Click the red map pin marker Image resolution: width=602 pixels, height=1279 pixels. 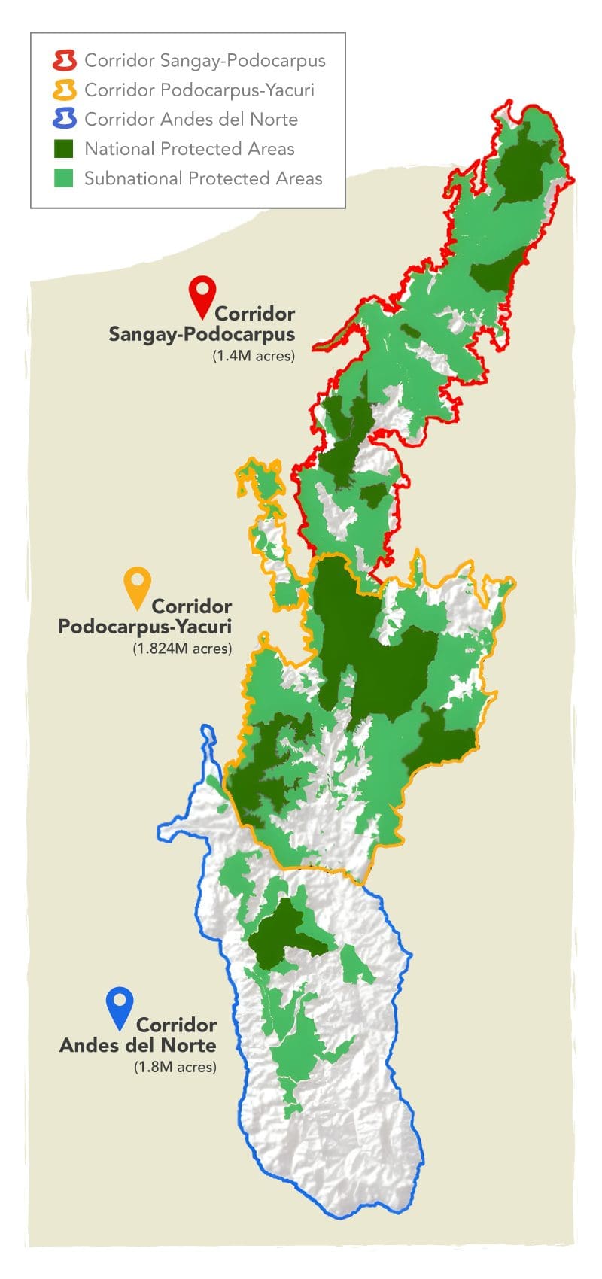point(202,294)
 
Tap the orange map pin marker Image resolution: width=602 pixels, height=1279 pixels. point(137,586)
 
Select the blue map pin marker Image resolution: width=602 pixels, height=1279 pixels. point(120,1006)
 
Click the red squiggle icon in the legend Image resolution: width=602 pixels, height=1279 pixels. point(65,60)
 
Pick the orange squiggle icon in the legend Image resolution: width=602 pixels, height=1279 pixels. point(65,90)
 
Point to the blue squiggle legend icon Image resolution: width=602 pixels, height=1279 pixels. point(65,119)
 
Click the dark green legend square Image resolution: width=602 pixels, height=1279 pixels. point(65,148)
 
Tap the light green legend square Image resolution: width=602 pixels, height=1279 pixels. point(65,178)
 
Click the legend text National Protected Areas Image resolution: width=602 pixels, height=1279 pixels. point(189,149)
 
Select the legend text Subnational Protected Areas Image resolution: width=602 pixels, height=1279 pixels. point(203,178)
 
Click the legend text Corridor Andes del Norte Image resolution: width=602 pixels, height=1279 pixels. point(191,120)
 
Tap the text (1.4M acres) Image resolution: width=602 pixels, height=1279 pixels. point(253,356)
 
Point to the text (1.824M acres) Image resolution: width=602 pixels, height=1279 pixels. point(181,648)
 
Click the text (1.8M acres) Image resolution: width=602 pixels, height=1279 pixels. point(175,1067)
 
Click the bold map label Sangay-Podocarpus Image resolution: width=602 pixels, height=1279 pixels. point(202,334)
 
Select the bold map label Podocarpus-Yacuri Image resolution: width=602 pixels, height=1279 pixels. point(144,626)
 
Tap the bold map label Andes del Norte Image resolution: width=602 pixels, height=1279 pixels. point(138,1045)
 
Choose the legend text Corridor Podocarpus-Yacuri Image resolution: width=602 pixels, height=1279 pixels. point(199,90)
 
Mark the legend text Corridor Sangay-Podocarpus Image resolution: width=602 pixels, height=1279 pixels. point(205,60)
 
